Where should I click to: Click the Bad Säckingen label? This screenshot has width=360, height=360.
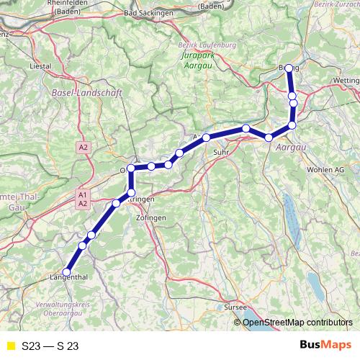[150, 13]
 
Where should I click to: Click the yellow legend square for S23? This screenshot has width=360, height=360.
[10, 346]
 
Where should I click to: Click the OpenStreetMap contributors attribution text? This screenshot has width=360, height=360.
[297, 322]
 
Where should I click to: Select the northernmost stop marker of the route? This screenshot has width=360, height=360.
[289, 68]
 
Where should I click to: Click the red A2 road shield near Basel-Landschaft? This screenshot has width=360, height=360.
[84, 147]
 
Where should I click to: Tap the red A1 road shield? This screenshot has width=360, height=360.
[82, 194]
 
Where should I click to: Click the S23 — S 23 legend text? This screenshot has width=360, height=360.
[50, 346]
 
